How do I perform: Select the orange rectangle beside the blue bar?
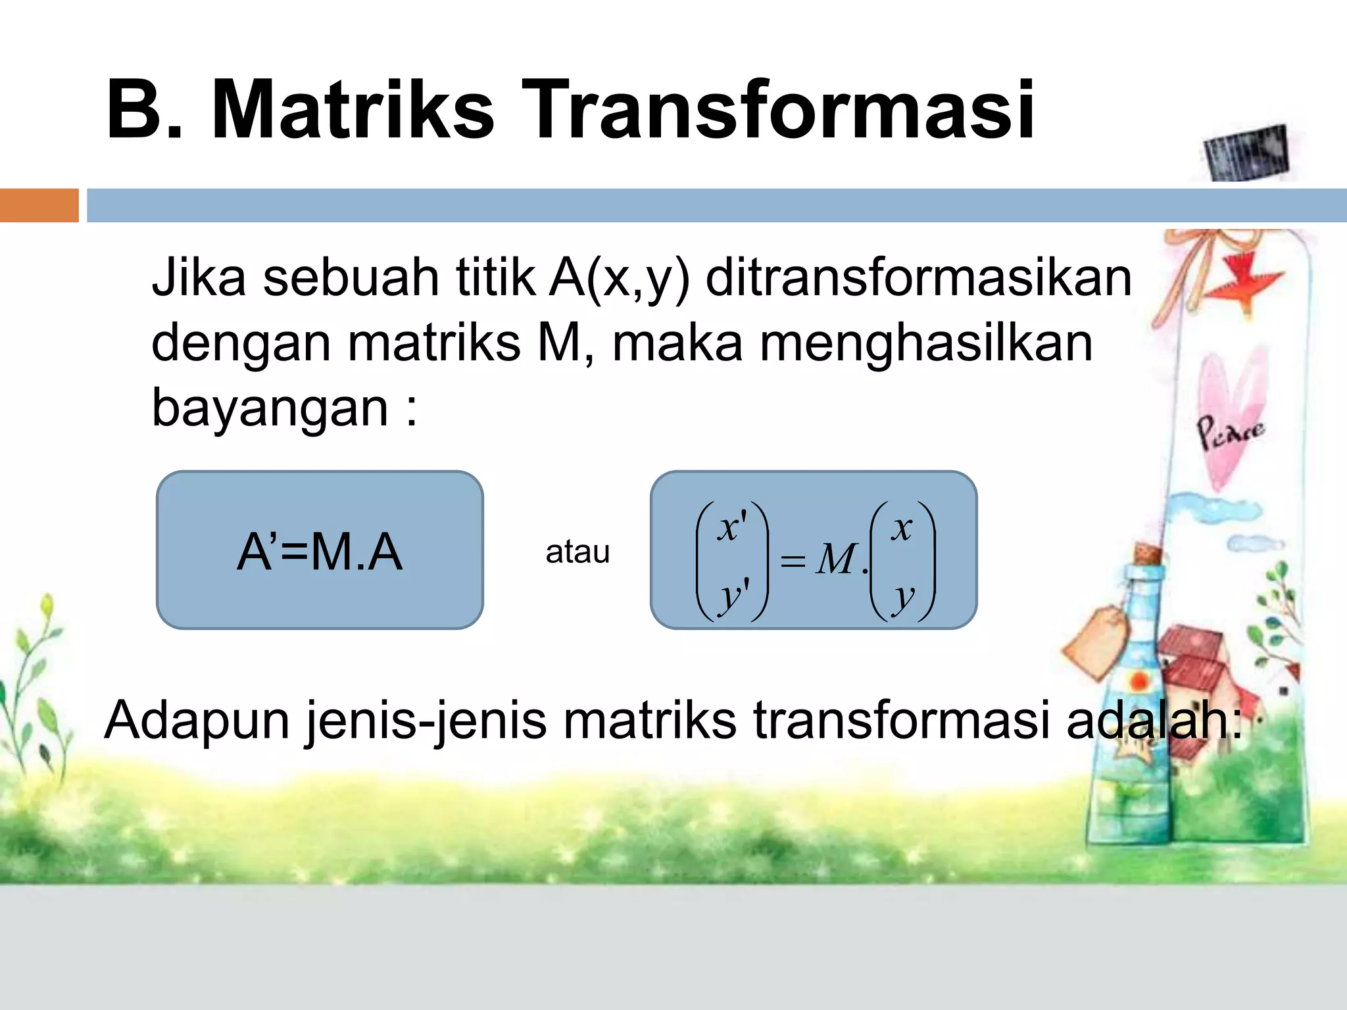click(39, 205)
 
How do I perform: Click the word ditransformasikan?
click(918, 278)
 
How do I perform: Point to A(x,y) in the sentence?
click(619, 278)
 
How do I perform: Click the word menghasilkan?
click(926, 343)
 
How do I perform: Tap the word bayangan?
click(270, 408)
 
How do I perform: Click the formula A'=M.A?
click(320, 551)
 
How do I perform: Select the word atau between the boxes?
click(577, 551)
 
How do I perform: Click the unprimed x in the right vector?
click(902, 527)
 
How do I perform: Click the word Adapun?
click(197, 720)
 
